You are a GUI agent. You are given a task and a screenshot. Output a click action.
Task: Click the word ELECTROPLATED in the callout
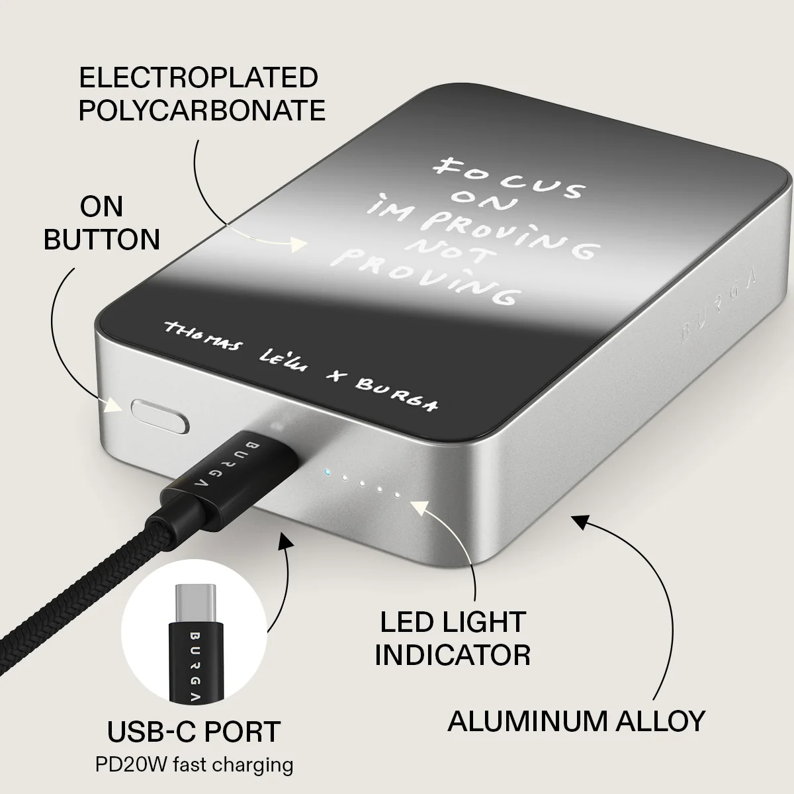click(198, 77)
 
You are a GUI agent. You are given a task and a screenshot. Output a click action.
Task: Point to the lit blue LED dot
click(327, 472)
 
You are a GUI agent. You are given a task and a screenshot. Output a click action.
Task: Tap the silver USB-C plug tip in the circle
click(195, 603)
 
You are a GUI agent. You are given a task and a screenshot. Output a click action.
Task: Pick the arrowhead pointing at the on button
click(113, 405)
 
